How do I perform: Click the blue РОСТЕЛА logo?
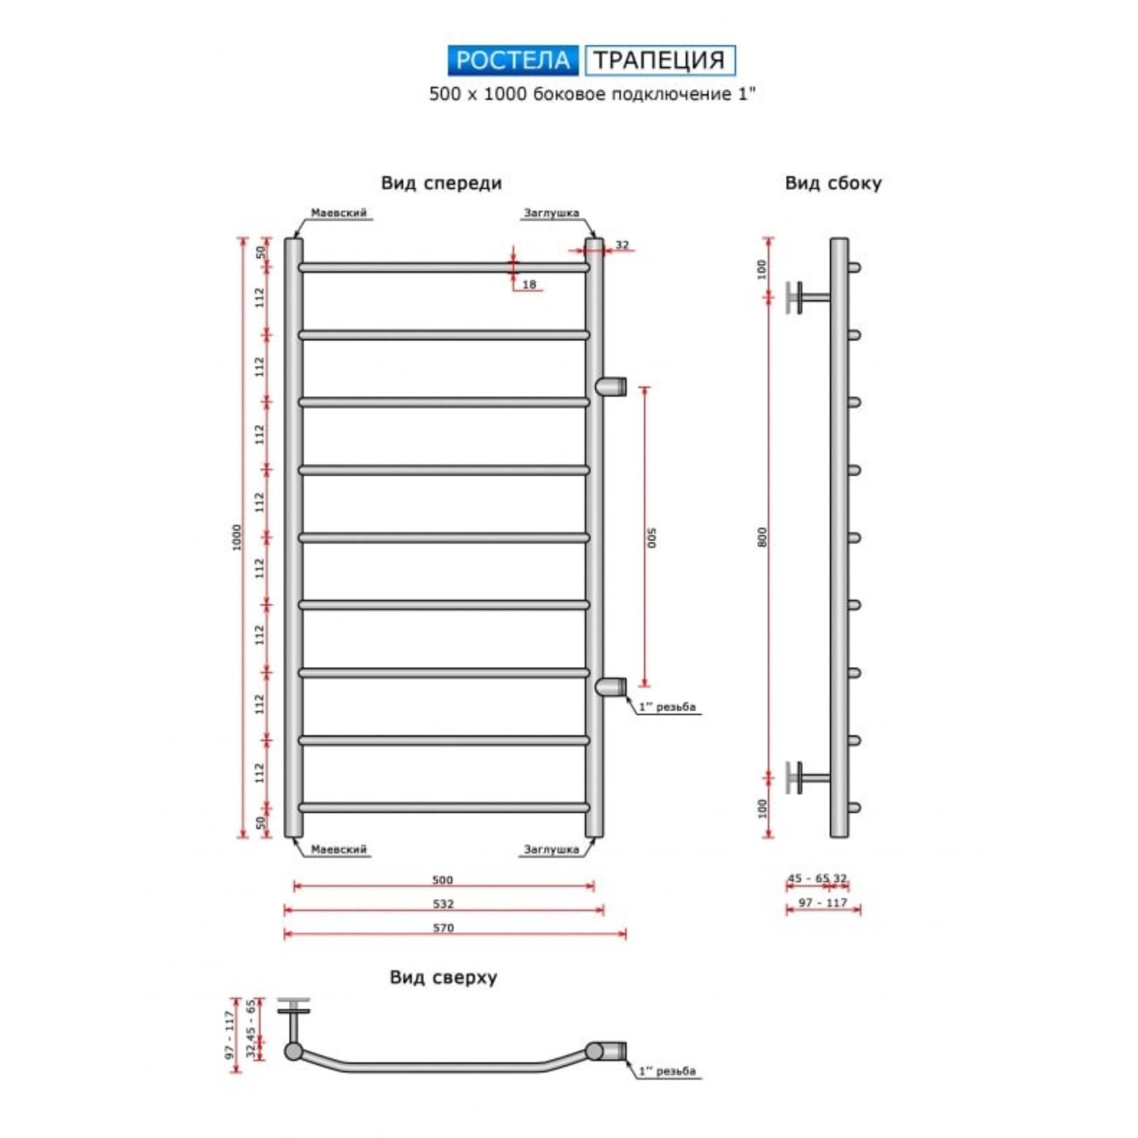(x=513, y=61)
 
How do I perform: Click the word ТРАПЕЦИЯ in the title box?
(x=658, y=60)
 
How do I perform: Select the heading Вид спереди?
(x=441, y=183)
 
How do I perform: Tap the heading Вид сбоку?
(x=833, y=183)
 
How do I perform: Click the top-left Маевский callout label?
(x=339, y=213)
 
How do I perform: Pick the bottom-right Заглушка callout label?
(x=551, y=849)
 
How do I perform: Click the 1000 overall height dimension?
(x=237, y=537)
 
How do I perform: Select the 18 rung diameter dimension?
(x=529, y=284)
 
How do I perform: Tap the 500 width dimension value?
(x=442, y=881)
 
